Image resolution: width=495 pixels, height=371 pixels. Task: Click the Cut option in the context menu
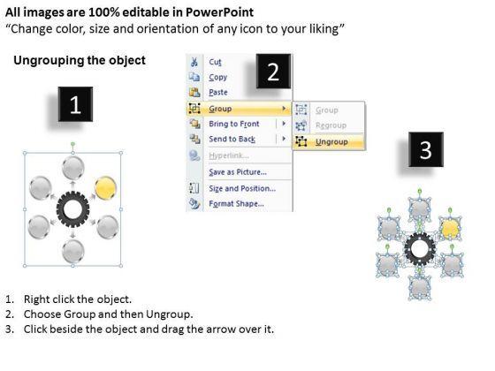coord(215,62)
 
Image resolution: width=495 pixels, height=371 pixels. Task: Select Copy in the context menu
coord(217,78)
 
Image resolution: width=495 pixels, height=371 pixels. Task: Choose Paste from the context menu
coord(218,92)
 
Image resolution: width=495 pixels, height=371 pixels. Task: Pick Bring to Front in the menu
coord(234,124)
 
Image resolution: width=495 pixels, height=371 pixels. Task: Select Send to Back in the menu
coord(232,139)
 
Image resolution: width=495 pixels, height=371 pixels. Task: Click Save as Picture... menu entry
coord(238,172)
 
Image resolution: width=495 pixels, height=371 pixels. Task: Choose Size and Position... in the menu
coord(242,188)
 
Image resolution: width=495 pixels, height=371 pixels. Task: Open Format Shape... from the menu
coord(236,203)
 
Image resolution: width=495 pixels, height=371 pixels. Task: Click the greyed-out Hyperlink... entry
coord(229,155)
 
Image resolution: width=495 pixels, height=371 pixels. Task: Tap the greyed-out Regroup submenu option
coord(331,125)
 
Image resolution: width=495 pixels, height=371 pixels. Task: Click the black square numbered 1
coord(75,104)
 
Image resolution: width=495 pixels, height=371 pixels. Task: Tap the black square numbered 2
coord(273,72)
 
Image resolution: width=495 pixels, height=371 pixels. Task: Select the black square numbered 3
coord(426,149)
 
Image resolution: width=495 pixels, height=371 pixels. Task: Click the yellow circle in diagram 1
coord(105,188)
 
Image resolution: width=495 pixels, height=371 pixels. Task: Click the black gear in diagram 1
coord(72,208)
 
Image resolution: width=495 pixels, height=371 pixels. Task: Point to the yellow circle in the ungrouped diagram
coord(450,229)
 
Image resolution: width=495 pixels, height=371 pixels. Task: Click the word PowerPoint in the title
coord(219,12)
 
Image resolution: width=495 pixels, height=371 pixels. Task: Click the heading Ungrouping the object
coord(80,60)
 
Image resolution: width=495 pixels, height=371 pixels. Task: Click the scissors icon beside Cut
coord(194,62)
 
